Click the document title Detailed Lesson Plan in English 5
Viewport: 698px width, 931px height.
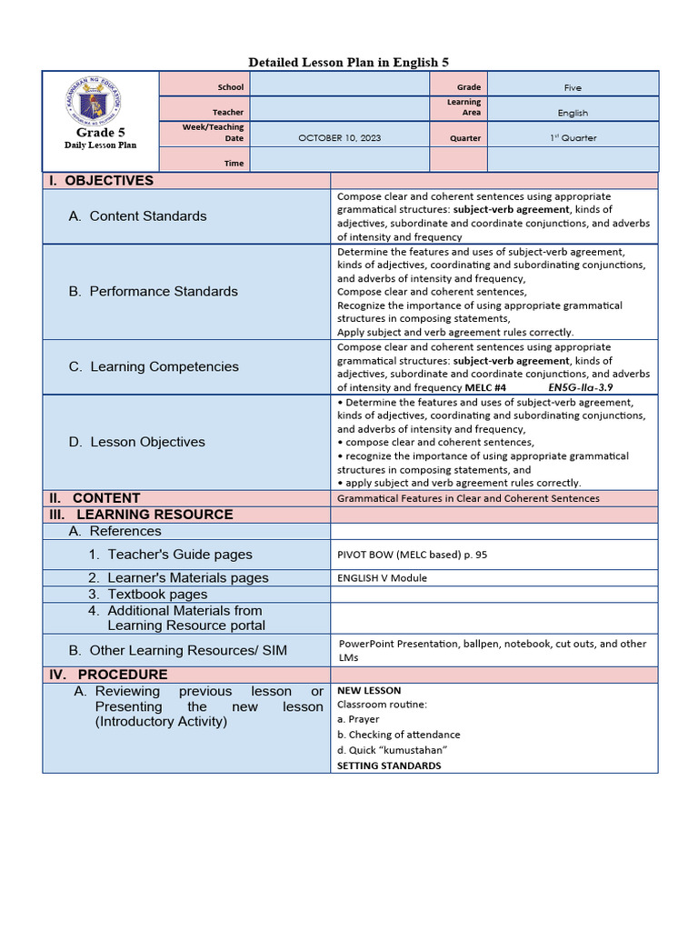tap(349, 62)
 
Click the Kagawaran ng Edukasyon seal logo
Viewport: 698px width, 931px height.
tap(101, 102)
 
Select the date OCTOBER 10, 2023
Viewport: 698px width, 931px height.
tap(339, 138)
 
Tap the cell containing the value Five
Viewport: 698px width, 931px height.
tap(573, 88)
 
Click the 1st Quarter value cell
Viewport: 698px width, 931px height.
tap(573, 138)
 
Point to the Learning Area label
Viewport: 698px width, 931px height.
tap(464, 107)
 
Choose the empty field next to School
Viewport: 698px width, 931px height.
tap(339, 87)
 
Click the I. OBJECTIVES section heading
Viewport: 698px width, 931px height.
tap(102, 181)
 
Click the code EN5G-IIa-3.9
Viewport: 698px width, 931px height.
tap(581, 387)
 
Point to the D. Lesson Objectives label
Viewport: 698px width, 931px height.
tap(136, 442)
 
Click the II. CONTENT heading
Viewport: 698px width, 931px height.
tap(95, 498)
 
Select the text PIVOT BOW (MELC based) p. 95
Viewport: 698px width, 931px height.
tap(413, 555)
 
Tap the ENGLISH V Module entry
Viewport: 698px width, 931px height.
tap(382, 578)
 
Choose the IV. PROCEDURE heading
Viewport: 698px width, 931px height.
tap(108, 675)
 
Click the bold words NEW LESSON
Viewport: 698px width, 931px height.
tap(369, 691)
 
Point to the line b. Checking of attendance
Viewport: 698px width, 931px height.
tap(398, 735)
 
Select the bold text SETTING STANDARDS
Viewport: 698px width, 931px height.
tap(389, 766)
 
